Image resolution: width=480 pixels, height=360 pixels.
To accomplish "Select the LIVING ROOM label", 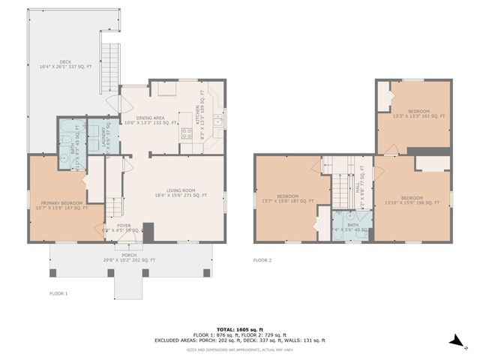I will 186,193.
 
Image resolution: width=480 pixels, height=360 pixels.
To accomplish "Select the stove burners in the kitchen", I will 187,134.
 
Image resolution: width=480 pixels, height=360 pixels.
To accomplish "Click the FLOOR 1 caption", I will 58,293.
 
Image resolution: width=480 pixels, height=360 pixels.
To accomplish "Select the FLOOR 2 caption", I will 262,260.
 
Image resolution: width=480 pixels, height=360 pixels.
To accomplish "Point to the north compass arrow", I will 455,342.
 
